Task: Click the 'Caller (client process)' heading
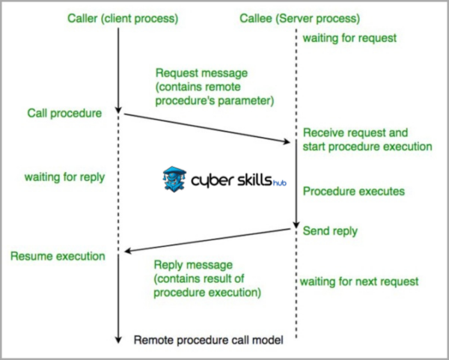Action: [118, 17]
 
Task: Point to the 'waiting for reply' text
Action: [64, 178]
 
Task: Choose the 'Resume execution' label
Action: [58, 256]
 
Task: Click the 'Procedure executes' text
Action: [353, 191]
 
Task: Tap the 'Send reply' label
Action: [330, 231]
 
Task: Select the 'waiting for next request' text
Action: [359, 281]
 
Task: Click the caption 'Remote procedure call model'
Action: [209, 341]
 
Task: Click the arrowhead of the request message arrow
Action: [292, 141]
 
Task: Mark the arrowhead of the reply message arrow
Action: [126, 251]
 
